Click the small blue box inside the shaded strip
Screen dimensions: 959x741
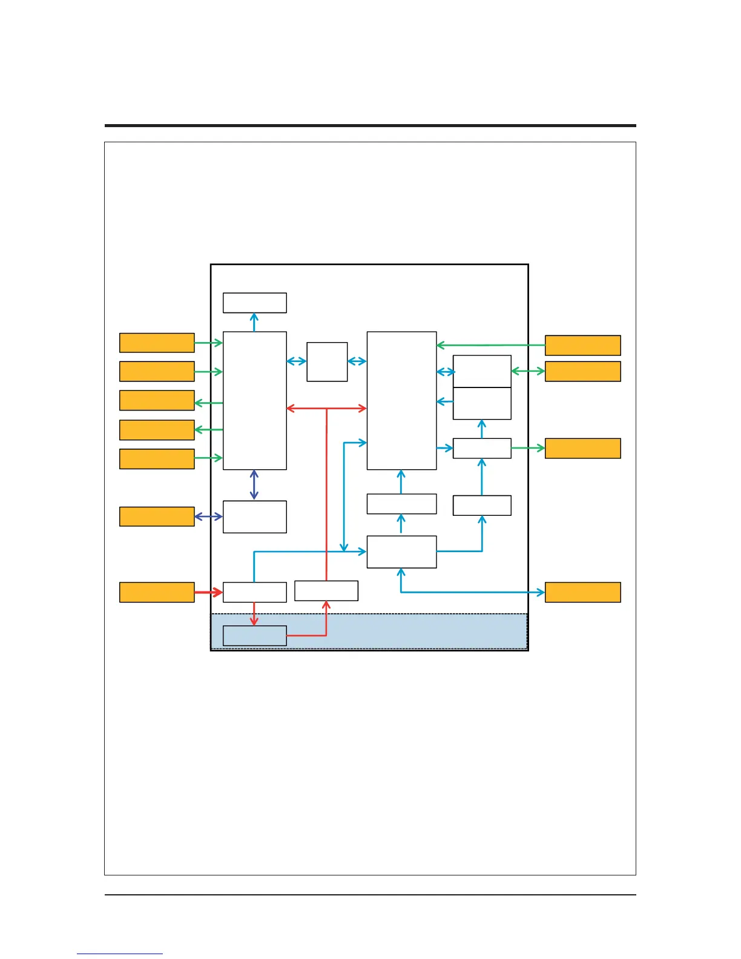pyautogui.click(x=254, y=635)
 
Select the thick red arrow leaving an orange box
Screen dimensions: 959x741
pyautogui.click(x=208, y=592)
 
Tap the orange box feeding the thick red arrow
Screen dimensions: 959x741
pyautogui.click(x=157, y=592)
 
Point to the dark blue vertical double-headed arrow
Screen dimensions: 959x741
pyautogui.click(x=254, y=485)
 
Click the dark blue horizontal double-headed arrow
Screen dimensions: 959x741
pyautogui.click(x=208, y=516)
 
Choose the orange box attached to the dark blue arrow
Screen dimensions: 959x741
pyautogui.click(x=157, y=516)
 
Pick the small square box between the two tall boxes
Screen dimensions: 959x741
pyautogui.click(x=327, y=361)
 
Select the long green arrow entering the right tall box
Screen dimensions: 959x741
pyautogui.click(x=490, y=345)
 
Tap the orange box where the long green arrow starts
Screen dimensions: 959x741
pyautogui.click(x=582, y=345)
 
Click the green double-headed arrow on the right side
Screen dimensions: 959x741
pyautogui.click(x=528, y=371)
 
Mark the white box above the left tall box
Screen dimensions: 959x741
pyautogui.click(x=254, y=303)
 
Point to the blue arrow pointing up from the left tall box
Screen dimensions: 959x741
pyautogui.click(x=254, y=322)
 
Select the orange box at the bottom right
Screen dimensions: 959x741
pyautogui.click(x=582, y=592)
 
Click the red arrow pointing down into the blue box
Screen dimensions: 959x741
pyautogui.click(x=254, y=614)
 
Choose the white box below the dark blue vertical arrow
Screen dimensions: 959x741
pyautogui.click(x=254, y=516)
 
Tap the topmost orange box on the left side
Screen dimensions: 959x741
pyautogui.click(x=157, y=343)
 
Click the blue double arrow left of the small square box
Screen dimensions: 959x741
pyautogui.click(x=297, y=361)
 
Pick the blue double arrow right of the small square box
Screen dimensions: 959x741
pyautogui.click(x=357, y=361)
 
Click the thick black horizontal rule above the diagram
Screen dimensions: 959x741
pyautogui.click(x=370, y=125)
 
